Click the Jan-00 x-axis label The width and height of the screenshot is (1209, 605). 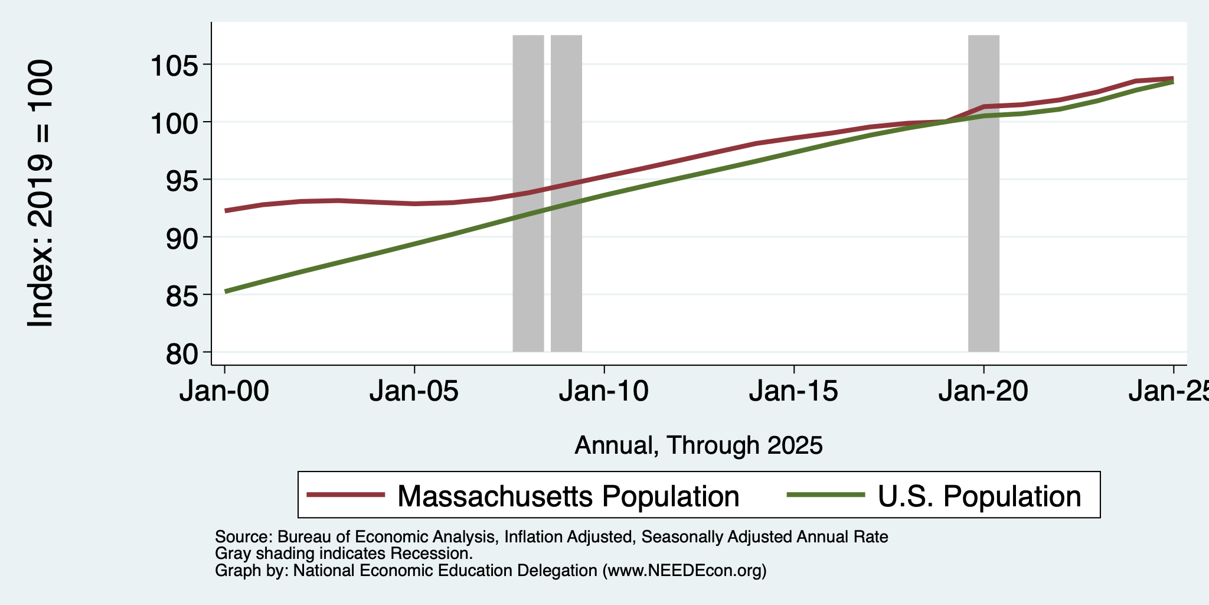[224, 392]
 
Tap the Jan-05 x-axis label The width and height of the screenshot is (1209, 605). [414, 392]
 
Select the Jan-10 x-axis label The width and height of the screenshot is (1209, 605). [604, 392]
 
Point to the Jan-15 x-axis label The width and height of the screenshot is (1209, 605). [794, 392]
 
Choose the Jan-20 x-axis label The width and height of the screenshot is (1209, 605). [983, 392]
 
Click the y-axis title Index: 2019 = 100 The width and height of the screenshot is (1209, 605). [41, 193]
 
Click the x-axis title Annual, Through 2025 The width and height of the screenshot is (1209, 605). [698, 445]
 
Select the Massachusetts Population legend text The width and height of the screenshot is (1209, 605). [568, 496]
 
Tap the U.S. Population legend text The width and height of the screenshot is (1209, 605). [979, 496]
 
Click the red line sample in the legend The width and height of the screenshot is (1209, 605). [347, 495]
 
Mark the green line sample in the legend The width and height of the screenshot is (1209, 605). [826, 495]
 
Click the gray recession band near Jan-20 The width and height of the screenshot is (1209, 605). [983, 193]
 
